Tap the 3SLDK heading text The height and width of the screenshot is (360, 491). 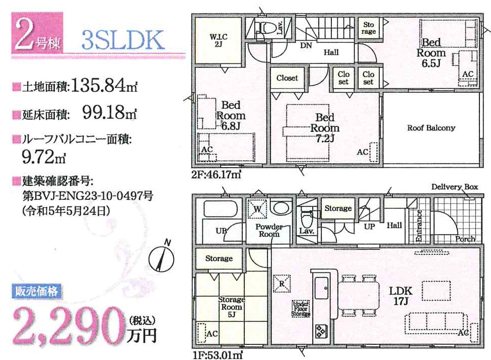pos(123,40)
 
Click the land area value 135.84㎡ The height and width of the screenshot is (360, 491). pos(104,85)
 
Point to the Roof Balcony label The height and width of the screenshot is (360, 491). pos(431,128)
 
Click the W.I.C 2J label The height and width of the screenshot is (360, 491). pos(219,40)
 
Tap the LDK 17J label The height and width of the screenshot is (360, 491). pos(400,296)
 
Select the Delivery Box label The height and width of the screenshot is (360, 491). pos(455,187)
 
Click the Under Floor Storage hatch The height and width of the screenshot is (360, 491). pos(301,309)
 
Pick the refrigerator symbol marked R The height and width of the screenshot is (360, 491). pos(282,283)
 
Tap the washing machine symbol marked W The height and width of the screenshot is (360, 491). pos(257,208)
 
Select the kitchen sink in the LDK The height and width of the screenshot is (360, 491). pos(321,288)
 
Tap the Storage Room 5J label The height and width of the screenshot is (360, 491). pos(232,307)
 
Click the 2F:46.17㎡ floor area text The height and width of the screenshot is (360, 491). pos(217,174)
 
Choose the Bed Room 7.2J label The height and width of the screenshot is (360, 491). pos(325,128)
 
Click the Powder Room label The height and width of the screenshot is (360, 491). pos(269,230)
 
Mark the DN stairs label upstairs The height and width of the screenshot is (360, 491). pos(306,45)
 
